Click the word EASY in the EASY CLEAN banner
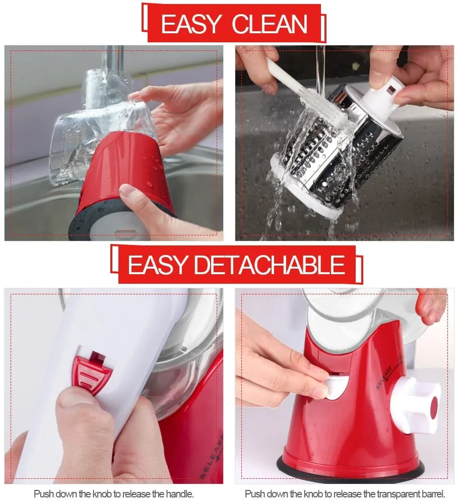(x=191, y=24)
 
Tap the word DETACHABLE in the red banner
(x=270, y=265)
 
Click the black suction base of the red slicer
(x=353, y=472)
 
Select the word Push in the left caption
(x=43, y=493)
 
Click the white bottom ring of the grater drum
(x=297, y=194)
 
